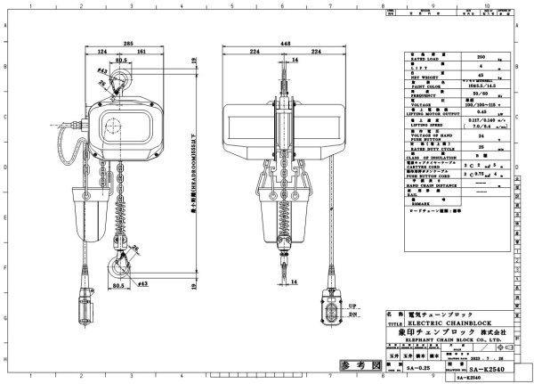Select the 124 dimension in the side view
point(104,53)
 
